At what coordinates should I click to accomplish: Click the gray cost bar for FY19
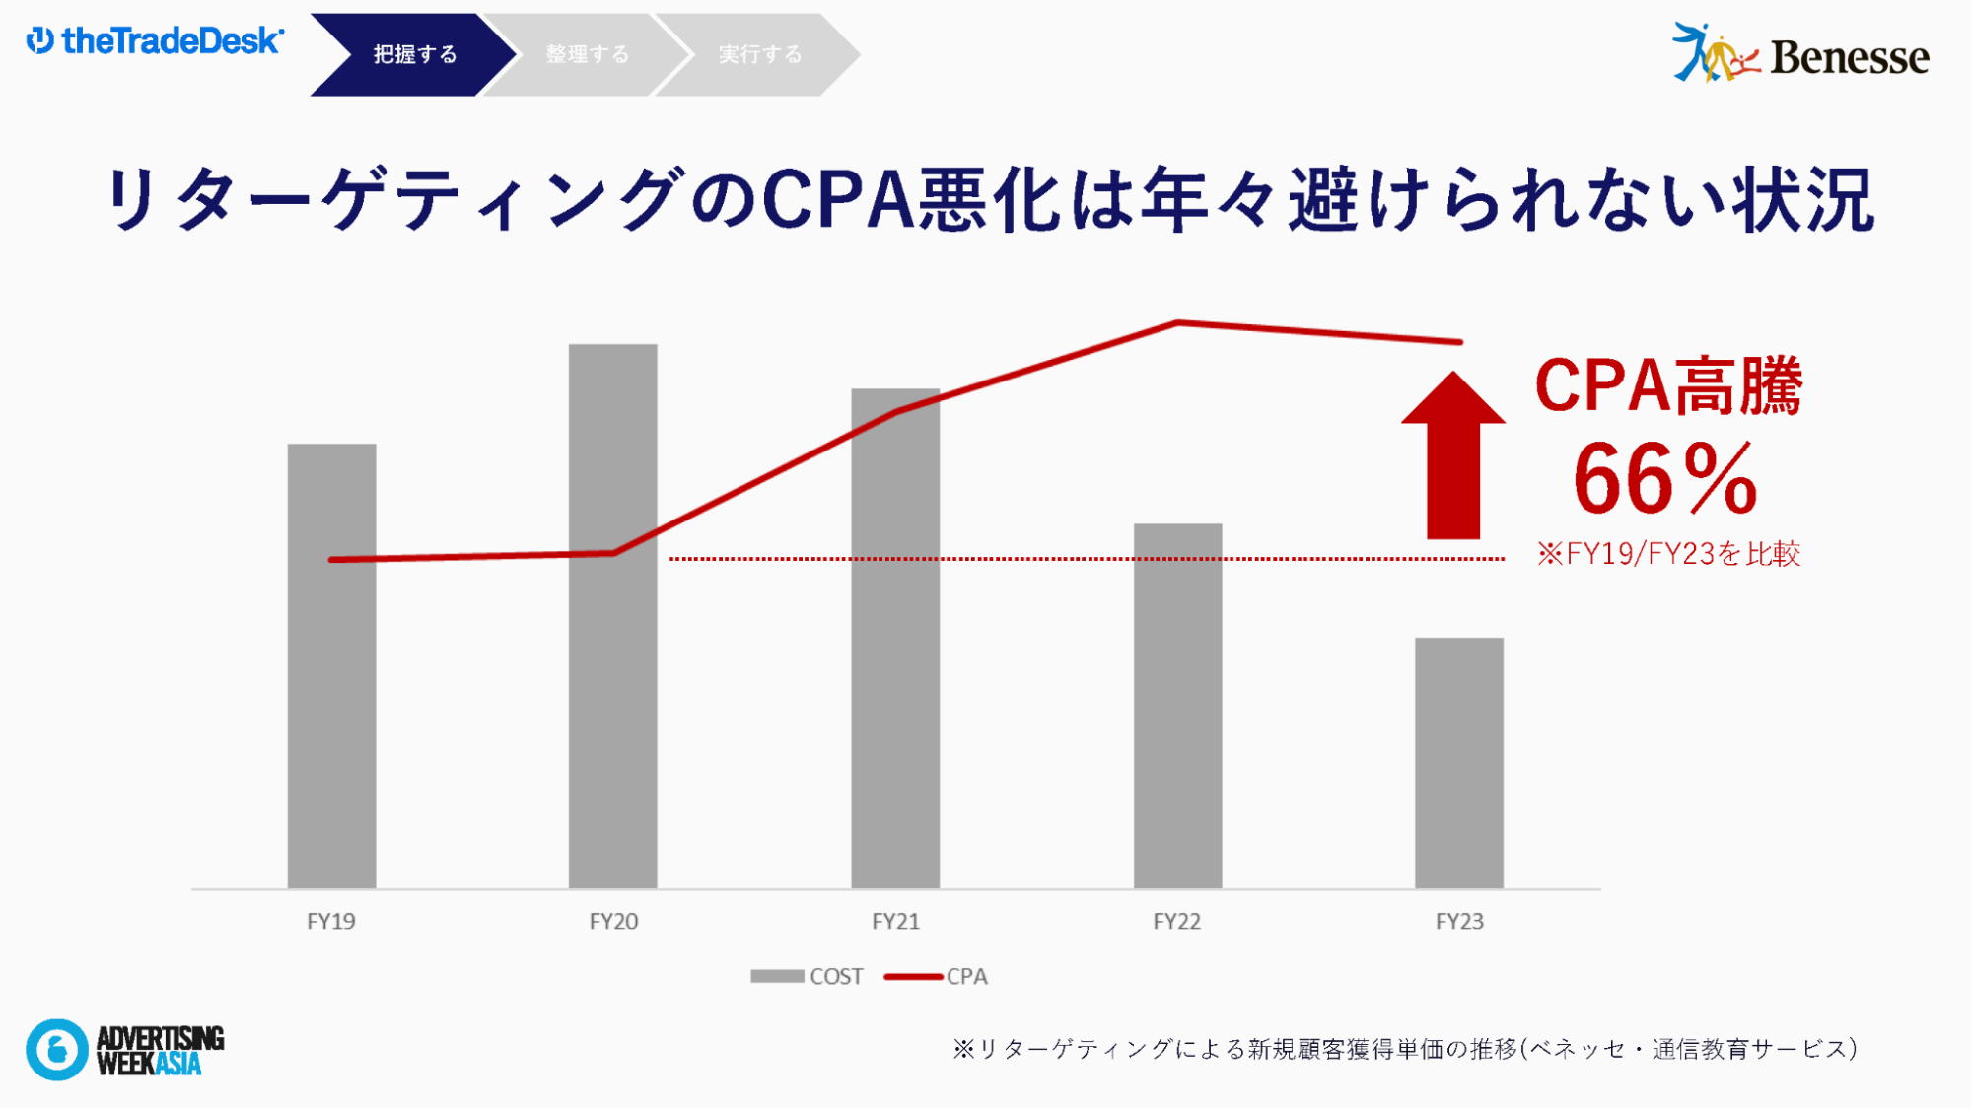tap(331, 665)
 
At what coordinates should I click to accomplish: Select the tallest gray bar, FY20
tap(612, 616)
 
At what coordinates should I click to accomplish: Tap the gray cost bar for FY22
tap(1177, 706)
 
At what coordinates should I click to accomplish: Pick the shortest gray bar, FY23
tap(1459, 763)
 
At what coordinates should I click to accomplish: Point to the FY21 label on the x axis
tap(895, 921)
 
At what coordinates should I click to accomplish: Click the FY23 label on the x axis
tap(1459, 921)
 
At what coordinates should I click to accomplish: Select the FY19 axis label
tap(331, 921)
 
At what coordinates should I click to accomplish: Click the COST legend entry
tap(807, 976)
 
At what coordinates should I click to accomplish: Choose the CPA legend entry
tap(937, 976)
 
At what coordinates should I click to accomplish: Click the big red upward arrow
tap(1453, 455)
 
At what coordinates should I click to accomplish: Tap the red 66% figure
tap(1665, 479)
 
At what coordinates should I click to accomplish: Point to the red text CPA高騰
tap(1668, 384)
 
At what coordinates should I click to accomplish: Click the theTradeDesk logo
tap(155, 40)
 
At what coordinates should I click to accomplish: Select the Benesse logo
tap(1800, 53)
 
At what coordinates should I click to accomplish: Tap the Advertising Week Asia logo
tap(125, 1050)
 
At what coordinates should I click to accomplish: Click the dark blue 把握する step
tap(414, 54)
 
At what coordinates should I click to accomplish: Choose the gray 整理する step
tap(587, 54)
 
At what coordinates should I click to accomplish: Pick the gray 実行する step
tap(759, 54)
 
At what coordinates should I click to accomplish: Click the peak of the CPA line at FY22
tap(1177, 322)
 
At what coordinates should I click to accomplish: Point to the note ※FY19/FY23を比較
tap(1668, 553)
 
